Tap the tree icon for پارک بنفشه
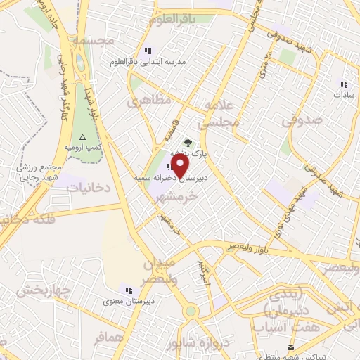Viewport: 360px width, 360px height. (187, 142)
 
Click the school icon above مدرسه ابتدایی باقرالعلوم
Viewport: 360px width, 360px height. (147, 51)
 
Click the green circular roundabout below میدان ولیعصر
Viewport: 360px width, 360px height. (191, 311)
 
